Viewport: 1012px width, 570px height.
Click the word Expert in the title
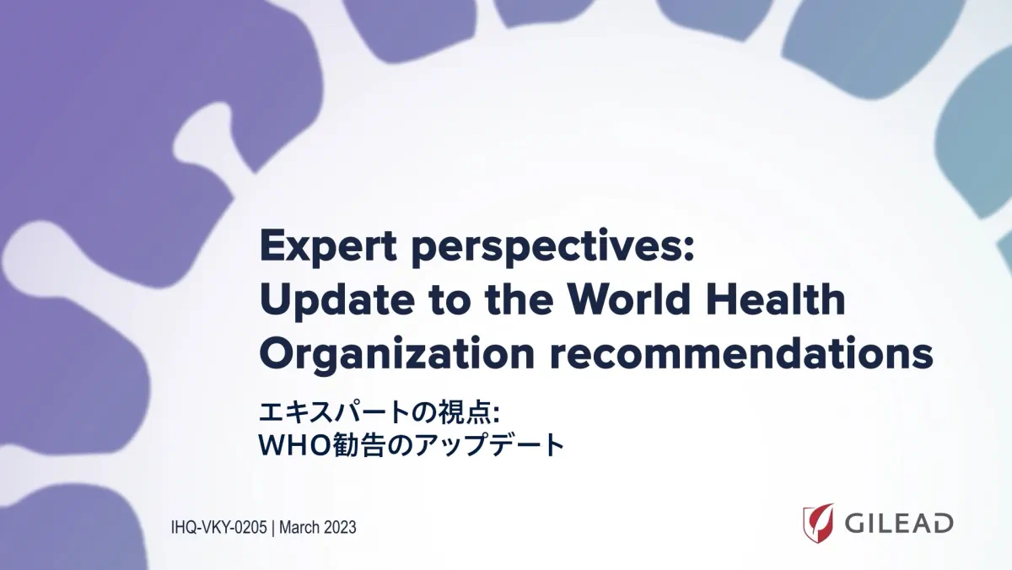click(328, 247)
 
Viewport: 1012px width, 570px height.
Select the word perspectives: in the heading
click(553, 248)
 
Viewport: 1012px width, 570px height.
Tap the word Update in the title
click(337, 301)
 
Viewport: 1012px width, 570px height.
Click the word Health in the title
click(772, 299)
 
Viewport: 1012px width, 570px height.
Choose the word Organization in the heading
click(397, 354)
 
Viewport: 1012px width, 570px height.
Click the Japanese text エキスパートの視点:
click(379, 413)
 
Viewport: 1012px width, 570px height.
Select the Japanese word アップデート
click(489, 445)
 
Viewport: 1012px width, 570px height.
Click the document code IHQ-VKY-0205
click(219, 528)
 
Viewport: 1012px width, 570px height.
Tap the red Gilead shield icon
click(818, 523)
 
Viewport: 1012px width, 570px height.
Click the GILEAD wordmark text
click(899, 524)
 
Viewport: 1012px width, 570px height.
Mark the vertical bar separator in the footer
click(273, 528)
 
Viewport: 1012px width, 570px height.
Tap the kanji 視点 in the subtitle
click(464, 413)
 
